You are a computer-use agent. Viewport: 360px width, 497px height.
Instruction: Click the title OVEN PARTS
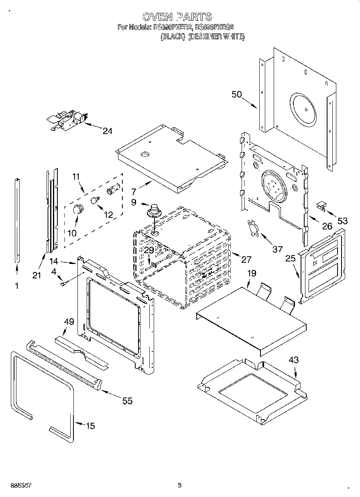tap(177, 16)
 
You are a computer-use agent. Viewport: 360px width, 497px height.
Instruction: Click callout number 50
tap(237, 95)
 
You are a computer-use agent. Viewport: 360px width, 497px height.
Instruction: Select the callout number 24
tap(107, 131)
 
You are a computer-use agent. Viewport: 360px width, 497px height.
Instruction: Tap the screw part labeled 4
tap(63, 284)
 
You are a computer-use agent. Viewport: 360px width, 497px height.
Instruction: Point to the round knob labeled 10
tap(77, 209)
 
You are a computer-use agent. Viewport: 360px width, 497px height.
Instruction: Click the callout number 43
tap(294, 360)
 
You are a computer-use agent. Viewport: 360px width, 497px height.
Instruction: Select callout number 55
tap(127, 400)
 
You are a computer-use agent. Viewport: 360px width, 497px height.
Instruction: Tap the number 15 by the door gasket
tap(91, 426)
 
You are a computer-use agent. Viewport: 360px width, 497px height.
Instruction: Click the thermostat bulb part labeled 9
tap(153, 210)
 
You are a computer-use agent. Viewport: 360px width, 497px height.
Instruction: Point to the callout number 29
tap(149, 250)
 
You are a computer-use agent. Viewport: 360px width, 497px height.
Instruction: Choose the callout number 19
tap(252, 274)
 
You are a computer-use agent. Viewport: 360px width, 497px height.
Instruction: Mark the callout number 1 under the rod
tap(16, 286)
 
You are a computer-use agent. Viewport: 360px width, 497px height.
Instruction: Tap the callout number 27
tap(246, 259)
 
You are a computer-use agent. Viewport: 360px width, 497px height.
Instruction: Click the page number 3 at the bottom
tap(180, 486)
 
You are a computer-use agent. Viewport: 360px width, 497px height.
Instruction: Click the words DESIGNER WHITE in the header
tap(216, 37)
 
